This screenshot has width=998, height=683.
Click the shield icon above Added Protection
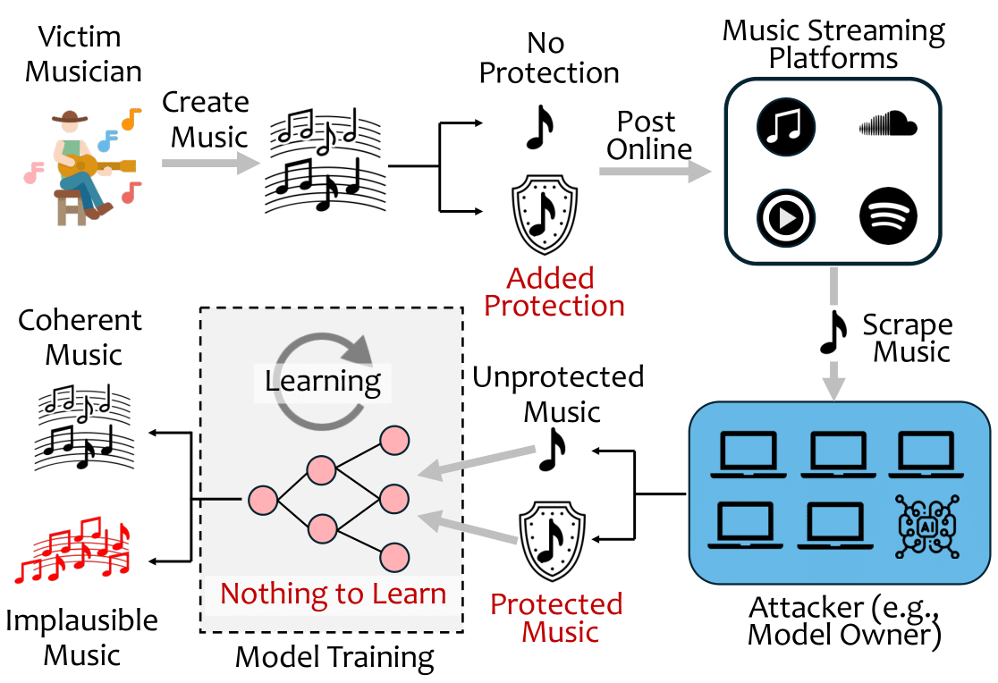click(542, 214)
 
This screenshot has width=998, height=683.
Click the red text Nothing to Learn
click(333, 594)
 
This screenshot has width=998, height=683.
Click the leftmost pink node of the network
click(262, 498)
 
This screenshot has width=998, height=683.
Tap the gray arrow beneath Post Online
click(648, 172)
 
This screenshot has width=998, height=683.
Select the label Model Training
click(334, 658)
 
